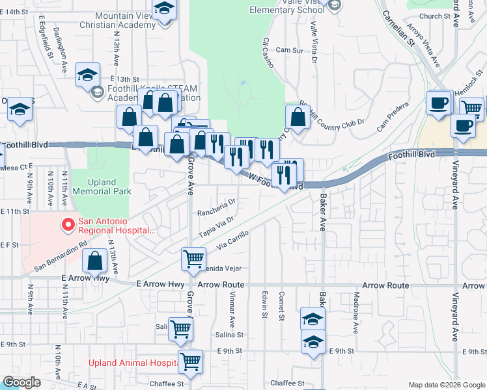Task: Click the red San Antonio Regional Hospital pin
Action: (66, 226)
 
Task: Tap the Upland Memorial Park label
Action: (102, 187)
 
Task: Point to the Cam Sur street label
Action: (290, 49)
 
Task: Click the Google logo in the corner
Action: (21, 382)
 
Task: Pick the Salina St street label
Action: (229, 335)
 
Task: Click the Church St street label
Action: (435, 16)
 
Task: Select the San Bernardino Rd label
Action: (61, 257)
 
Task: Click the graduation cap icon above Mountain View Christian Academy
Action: (164, 10)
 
